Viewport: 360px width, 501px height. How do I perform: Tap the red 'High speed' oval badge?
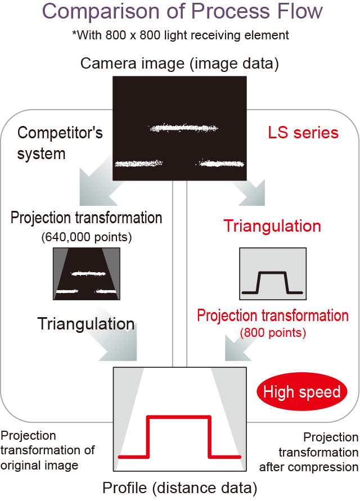coord(301,392)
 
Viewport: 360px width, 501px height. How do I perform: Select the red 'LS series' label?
coord(303,133)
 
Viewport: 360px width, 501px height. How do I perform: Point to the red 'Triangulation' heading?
coord(272,226)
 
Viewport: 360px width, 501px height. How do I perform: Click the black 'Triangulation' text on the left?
coord(85,323)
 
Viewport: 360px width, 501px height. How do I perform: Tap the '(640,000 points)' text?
coord(86,237)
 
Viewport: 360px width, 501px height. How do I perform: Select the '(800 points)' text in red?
coord(273,332)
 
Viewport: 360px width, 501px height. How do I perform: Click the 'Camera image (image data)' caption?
coord(179,63)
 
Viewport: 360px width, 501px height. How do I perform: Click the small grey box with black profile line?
coord(273,274)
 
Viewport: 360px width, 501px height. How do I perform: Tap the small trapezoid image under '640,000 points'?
coord(86,274)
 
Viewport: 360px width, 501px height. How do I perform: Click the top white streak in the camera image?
coord(182,128)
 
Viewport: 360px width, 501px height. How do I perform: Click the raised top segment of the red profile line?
coord(179,417)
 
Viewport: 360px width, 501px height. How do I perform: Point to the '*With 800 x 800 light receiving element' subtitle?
coord(180,35)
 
